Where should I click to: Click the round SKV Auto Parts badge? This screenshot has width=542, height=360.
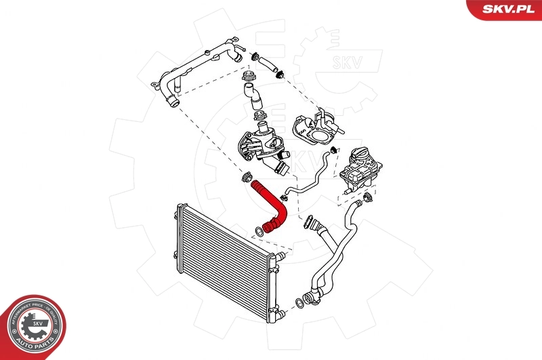point(32,325)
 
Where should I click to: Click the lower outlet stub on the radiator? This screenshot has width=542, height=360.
point(275,315)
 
